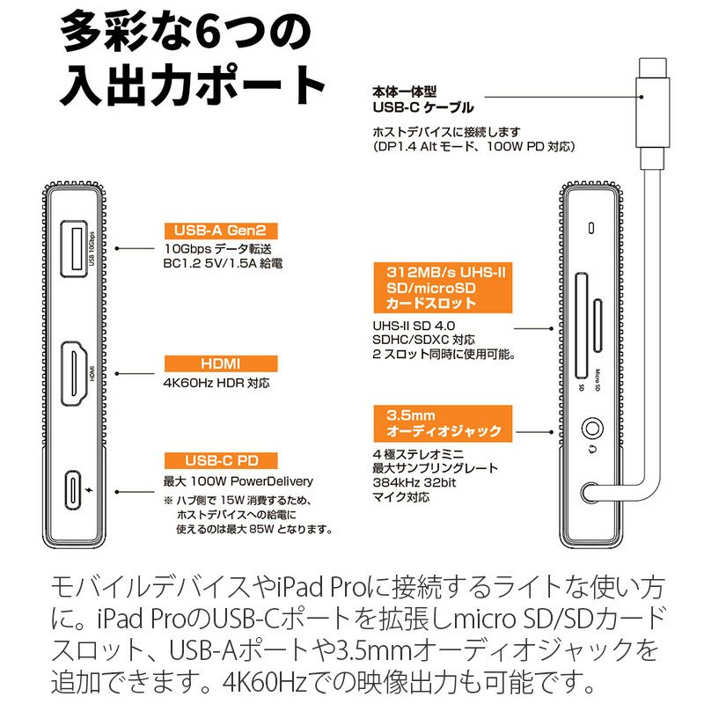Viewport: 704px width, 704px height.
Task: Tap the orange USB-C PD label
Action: pos(221,460)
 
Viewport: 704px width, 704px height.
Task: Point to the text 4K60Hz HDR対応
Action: pos(216,384)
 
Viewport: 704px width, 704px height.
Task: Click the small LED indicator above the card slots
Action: pos(591,229)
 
